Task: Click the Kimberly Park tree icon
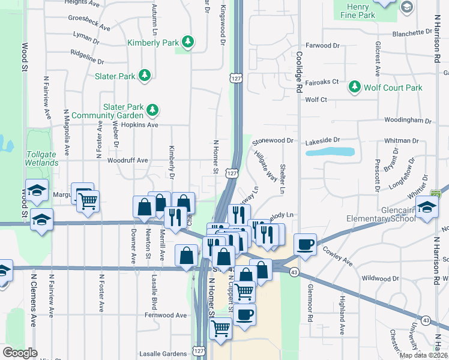tap(189, 41)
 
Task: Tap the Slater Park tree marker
tap(144, 75)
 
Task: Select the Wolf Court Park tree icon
tap(354, 87)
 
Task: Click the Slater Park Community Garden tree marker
tap(153, 109)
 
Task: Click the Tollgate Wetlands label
tap(42, 158)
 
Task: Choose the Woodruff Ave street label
tap(127, 160)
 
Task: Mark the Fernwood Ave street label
tap(166, 314)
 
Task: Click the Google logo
tap(20, 352)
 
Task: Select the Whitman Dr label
tap(401, 140)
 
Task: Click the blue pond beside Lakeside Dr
tap(330, 151)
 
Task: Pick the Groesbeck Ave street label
tap(89, 27)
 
